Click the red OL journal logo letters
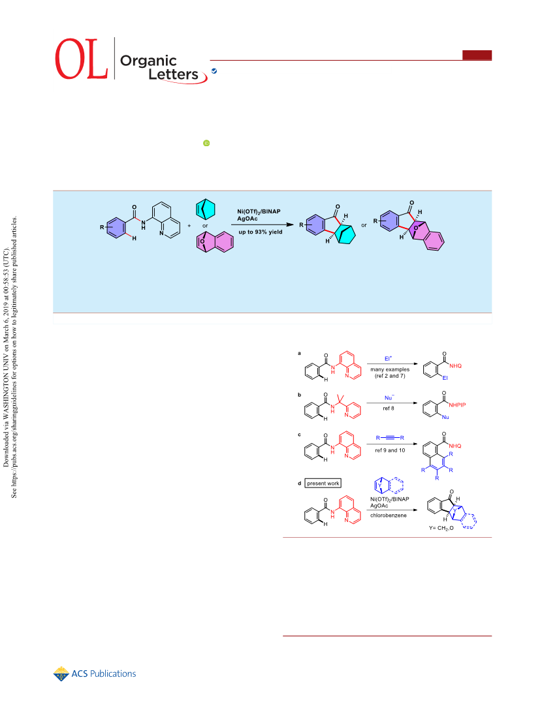point(82,59)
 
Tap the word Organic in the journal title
point(148,61)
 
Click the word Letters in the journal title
point(174,74)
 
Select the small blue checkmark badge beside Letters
point(214,71)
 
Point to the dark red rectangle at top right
point(477,55)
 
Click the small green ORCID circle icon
point(206,143)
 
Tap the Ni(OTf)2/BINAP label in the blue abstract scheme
point(259,211)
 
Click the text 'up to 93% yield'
point(261,232)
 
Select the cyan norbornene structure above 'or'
point(206,209)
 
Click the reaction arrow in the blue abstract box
point(263,224)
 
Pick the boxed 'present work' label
point(323,483)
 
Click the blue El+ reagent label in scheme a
point(388,358)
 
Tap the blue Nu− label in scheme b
point(389,398)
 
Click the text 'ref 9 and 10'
point(390,450)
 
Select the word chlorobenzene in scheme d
point(389,516)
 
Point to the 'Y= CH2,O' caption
point(441,528)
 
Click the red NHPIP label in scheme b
point(457,405)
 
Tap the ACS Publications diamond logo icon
point(61,674)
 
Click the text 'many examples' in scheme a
point(390,369)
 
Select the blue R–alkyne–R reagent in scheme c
point(390,438)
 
